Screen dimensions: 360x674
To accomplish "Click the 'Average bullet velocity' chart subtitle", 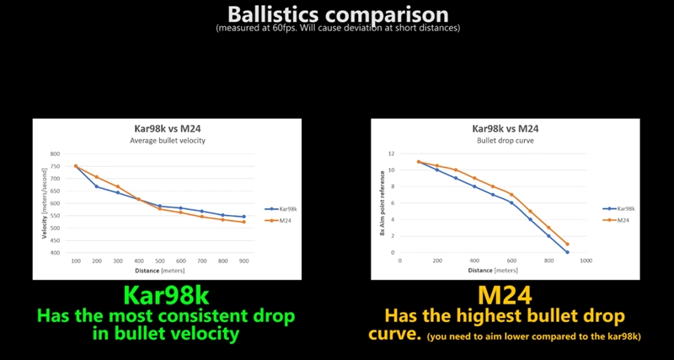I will pos(168,140).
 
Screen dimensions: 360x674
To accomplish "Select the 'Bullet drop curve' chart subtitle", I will pos(505,140).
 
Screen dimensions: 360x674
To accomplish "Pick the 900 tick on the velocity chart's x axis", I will pos(244,261).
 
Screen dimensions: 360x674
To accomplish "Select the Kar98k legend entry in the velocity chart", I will pos(284,208).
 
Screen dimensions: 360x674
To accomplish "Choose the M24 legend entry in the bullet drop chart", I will pos(621,220).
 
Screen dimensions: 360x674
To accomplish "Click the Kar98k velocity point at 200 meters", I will pos(97,186).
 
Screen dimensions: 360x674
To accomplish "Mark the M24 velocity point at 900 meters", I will pos(244,222).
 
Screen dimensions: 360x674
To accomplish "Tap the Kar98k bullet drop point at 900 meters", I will pos(567,252).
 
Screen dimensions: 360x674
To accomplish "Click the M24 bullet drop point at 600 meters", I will pos(511,195).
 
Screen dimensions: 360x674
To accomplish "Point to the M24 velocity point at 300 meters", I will pos(118,186).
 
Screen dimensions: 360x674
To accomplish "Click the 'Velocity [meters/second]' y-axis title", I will pos(44,204).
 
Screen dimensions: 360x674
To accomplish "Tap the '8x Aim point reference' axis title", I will pos(382,204).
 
